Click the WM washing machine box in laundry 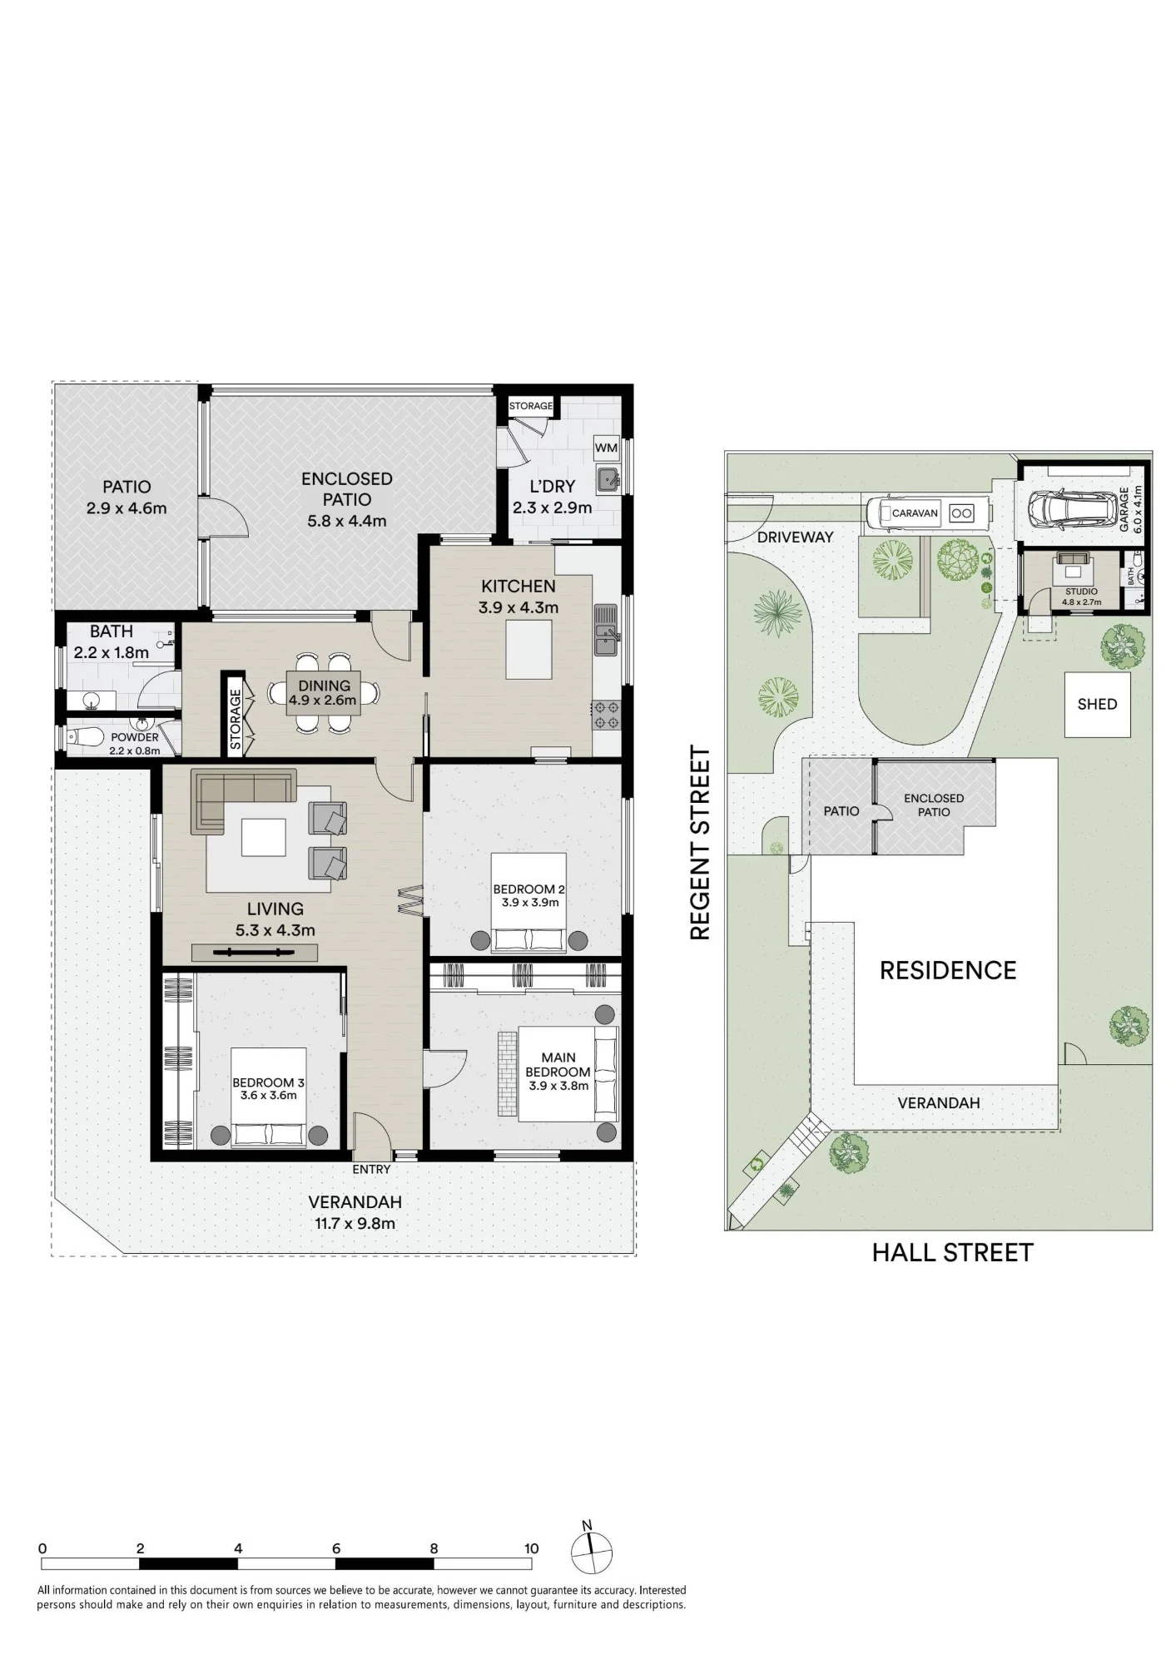coord(606,448)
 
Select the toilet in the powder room coord(83,737)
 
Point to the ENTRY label coord(371,1169)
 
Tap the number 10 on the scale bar coord(531,1548)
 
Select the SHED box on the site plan coord(1098,704)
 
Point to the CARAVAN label coord(915,513)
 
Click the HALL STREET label coord(952,1252)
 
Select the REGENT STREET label coord(701,843)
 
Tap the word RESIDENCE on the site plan coord(948,970)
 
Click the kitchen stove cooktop coord(607,715)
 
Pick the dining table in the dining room coord(325,693)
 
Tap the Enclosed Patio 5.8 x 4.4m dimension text coord(347,522)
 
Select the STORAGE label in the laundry coord(531,406)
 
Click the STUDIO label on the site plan coord(1081,592)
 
